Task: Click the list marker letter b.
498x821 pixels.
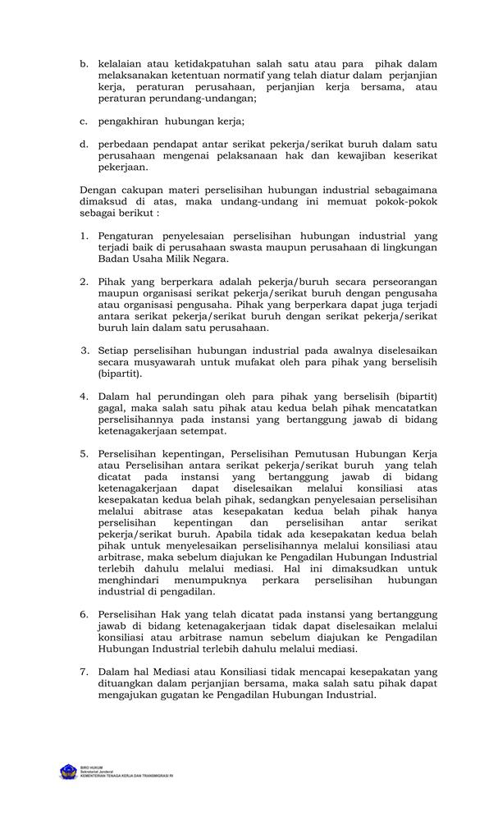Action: (x=84, y=63)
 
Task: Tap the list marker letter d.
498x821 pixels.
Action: (x=84, y=143)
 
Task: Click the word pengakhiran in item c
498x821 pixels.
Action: (x=127, y=122)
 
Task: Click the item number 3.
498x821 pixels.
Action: (x=84, y=350)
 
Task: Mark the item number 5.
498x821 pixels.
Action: (x=84, y=452)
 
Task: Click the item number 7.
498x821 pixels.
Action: (x=84, y=671)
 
